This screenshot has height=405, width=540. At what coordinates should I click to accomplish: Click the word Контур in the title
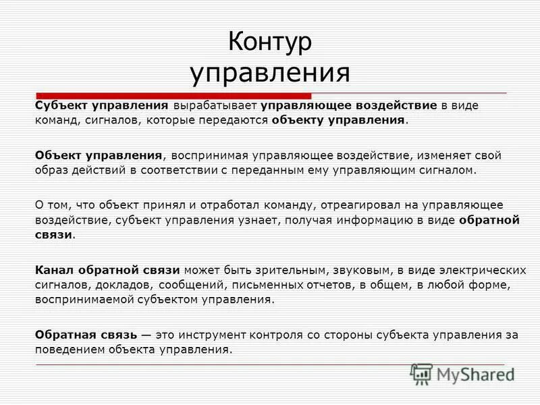(270, 42)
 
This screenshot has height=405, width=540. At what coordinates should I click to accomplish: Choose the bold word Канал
(51, 269)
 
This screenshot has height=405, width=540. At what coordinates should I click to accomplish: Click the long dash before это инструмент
(148, 335)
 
